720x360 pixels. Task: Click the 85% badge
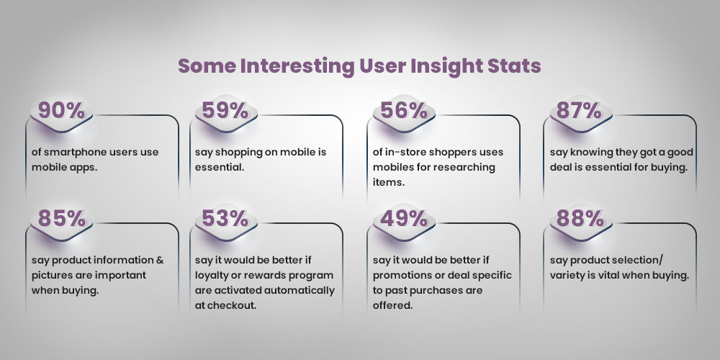tap(61, 218)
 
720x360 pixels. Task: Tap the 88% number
tap(575, 218)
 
